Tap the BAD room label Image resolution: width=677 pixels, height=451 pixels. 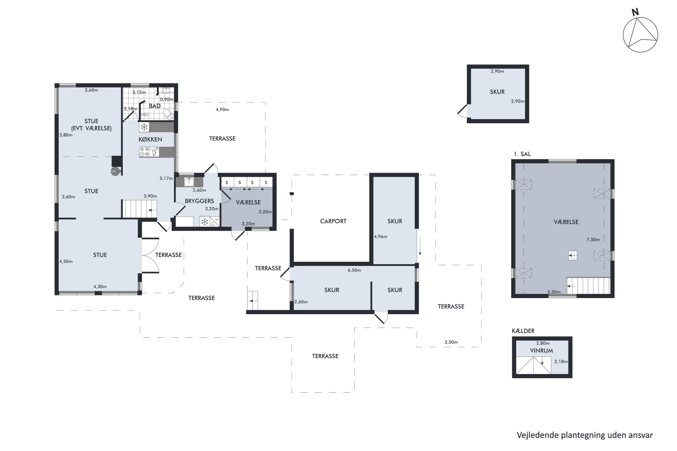(x=155, y=106)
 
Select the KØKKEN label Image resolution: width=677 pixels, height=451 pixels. (x=150, y=140)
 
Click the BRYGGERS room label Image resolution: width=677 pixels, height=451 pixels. (x=199, y=201)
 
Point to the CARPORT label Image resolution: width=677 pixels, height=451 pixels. (x=333, y=221)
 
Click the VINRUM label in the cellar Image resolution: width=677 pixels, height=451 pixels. (x=541, y=351)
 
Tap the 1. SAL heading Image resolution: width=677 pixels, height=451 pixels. (x=522, y=154)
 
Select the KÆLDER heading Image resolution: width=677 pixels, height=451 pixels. (x=523, y=331)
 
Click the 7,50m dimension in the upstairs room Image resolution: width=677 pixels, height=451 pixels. (x=593, y=239)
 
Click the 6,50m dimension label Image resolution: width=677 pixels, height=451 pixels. (x=354, y=270)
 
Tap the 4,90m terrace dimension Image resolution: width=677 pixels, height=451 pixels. (x=222, y=110)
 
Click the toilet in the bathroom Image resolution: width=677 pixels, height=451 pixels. (x=169, y=114)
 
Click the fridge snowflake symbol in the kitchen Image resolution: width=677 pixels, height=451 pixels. (x=144, y=127)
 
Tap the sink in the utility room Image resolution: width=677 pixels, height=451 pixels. (x=189, y=182)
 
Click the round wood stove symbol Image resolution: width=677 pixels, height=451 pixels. (x=115, y=171)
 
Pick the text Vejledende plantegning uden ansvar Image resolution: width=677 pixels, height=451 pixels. (x=585, y=435)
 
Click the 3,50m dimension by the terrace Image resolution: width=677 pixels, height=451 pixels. (x=451, y=342)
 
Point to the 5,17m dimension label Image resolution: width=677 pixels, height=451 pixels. (x=166, y=178)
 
